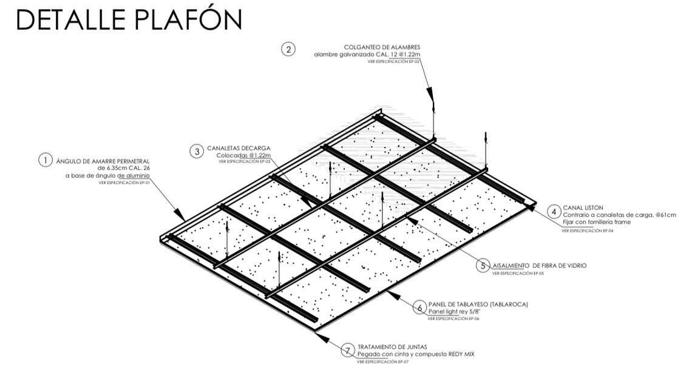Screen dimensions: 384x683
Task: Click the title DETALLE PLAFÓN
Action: pos(129,19)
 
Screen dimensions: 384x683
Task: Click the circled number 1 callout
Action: pos(46,160)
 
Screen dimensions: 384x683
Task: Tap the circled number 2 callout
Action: pos(288,49)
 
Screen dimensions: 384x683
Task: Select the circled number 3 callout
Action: pos(196,152)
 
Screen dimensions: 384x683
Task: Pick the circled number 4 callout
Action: pos(554,212)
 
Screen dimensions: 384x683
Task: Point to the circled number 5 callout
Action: pos(483,266)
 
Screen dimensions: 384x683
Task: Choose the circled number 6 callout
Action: pos(420,307)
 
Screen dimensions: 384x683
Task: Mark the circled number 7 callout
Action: pos(347,350)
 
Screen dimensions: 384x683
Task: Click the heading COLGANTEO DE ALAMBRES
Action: pos(382,47)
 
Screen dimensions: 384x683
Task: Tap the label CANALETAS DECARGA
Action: pos(239,148)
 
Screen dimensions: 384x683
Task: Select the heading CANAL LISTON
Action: pos(583,207)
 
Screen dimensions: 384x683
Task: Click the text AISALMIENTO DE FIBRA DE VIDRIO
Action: pos(539,266)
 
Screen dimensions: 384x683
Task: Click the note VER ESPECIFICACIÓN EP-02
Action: pos(393,62)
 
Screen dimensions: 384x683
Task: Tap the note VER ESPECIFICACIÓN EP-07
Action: pos(382,362)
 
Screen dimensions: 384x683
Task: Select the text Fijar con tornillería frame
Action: pos(597,222)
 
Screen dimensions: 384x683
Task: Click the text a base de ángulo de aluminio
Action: pos(107,175)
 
